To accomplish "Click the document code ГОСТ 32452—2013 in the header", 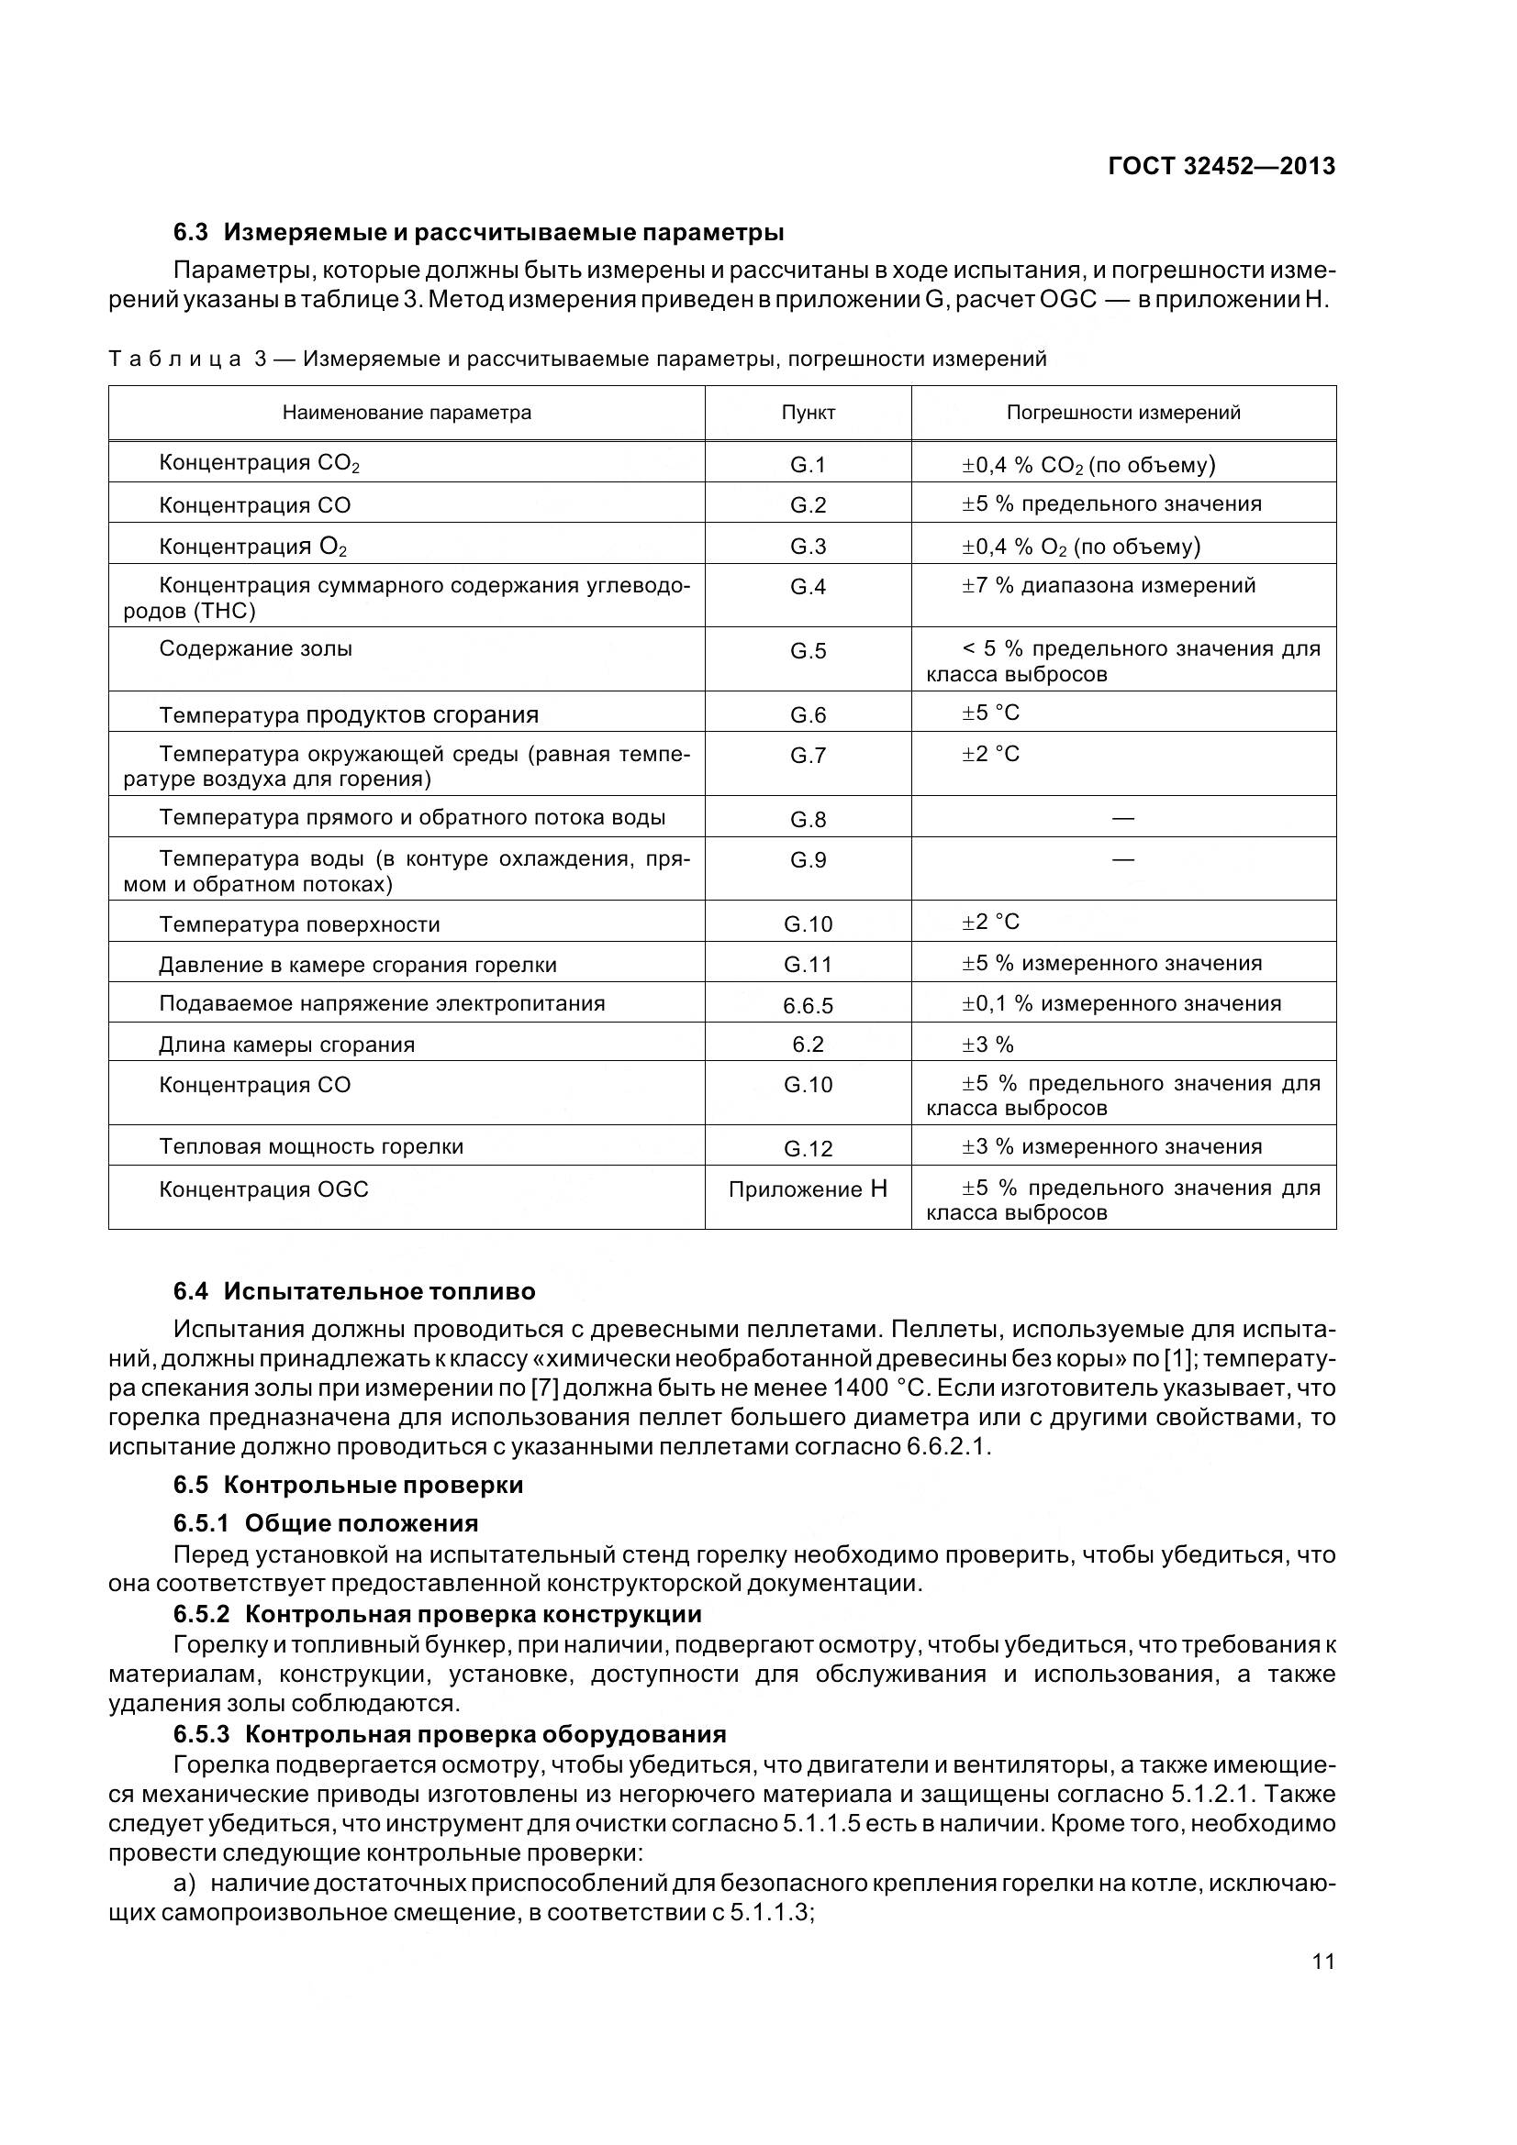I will (x=1221, y=166).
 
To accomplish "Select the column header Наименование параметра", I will (x=407, y=413).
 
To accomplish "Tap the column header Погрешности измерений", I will (x=1122, y=413).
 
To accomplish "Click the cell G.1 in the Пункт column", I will (x=808, y=464).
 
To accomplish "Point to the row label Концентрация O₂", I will (x=253, y=547).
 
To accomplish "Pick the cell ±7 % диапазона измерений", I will (x=1109, y=586).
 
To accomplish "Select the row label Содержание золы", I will (x=255, y=648).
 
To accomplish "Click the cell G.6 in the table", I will (x=808, y=715).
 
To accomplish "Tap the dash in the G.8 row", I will (x=1122, y=818).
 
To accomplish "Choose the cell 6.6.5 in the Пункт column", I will (x=808, y=1005).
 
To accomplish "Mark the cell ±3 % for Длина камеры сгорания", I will (x=988, y=1045).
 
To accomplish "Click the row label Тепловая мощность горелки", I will (x=311, y=1146).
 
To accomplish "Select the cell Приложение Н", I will (x=808, y=1189).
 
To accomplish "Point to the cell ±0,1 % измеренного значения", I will (x=1121, y=1003).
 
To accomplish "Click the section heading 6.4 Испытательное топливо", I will (x=354, y=1292).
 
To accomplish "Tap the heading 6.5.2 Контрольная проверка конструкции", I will (x=437, y=1614).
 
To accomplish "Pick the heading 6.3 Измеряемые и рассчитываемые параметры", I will (x=477, y=232).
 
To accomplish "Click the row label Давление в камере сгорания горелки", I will (x=358, y=965).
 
